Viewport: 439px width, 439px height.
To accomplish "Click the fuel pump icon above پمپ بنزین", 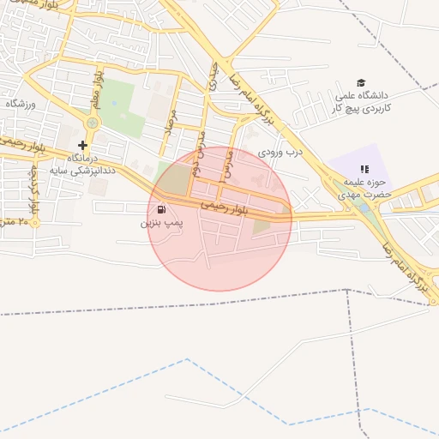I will pos(161,209).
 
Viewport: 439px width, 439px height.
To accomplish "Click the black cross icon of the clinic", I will pos(82,145).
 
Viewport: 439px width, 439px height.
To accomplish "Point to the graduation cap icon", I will pos(361,82).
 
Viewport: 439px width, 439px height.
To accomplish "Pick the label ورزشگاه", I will pos(18,104).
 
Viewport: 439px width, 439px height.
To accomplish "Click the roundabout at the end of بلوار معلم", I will pos(92,123).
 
